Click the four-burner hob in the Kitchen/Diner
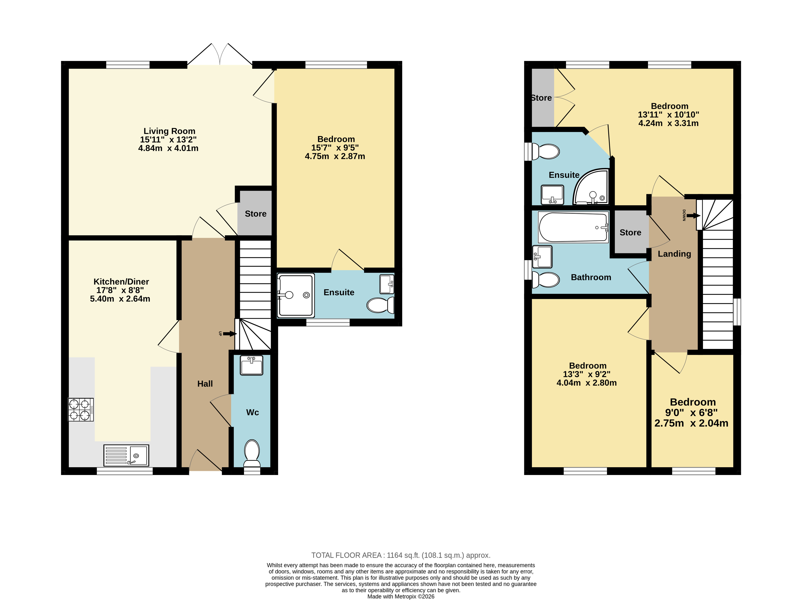pos(81,409)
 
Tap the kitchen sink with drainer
pos(126,455)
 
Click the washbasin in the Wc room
pos(252,365)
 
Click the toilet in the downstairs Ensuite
pos(380,305)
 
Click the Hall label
pos(205,384)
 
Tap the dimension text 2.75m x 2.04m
pos(691,423)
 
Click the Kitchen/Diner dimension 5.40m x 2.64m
pos(120,299)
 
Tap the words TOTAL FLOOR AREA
pos(346,555)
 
